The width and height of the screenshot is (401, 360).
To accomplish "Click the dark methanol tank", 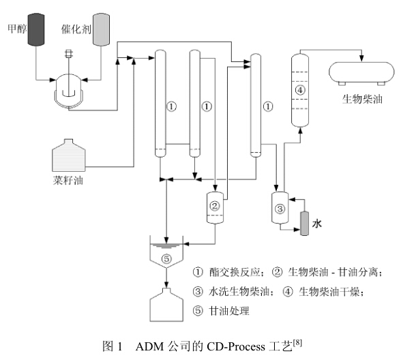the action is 36,30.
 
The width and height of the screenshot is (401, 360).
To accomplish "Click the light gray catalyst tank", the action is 101,30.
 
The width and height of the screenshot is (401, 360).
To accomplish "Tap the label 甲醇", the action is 17,29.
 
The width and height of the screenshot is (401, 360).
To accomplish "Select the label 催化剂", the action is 76,29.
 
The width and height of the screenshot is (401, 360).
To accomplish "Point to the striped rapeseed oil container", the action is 69,155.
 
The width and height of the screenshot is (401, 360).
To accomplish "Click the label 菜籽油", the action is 68,180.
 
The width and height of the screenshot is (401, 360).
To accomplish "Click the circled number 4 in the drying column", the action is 300,90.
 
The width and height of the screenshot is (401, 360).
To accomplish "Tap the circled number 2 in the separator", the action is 215,206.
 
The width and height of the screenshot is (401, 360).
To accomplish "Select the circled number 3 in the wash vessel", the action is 280,209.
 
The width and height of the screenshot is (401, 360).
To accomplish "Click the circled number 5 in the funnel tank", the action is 166,259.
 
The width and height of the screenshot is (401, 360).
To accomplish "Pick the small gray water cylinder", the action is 304,223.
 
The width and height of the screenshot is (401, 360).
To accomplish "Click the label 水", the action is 316,224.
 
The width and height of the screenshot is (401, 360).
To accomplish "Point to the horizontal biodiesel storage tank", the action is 361,73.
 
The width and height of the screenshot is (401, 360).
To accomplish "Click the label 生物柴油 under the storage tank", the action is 362,100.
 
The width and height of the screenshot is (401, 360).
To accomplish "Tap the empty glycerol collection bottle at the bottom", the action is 166,305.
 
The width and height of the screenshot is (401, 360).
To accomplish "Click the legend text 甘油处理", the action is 229,311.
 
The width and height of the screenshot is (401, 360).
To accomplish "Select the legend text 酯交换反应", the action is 235,272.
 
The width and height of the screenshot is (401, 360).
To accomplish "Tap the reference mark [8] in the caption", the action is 297,342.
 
